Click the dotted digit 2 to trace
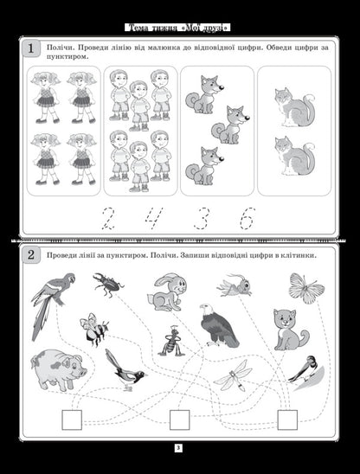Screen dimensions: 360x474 coord(107,218)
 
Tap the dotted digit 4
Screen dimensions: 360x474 coord(154,218)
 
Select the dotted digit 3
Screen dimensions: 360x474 coord(202,218)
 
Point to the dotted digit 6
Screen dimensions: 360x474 coord(247,218)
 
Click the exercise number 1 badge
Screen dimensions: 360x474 coord(30,48)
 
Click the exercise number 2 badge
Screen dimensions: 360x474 coord(31,255)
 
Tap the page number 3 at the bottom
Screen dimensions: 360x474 coord(178,448)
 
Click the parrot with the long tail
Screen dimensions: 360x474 coord(51,305)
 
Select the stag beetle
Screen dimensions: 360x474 coord(108,285)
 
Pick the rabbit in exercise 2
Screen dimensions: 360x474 coord(167,292)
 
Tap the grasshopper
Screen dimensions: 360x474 coord(235,285)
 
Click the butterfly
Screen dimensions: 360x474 coord(306,288)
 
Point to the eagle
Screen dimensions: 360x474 coord(218,326)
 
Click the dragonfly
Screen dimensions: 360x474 coord(233,375)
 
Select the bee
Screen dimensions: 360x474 coord(94,330)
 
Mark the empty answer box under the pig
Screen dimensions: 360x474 coord(72,420)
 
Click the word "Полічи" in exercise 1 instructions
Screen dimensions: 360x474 coord(60,48)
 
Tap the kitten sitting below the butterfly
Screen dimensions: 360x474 coord(291,330)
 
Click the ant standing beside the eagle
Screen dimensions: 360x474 coord(172,341)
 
